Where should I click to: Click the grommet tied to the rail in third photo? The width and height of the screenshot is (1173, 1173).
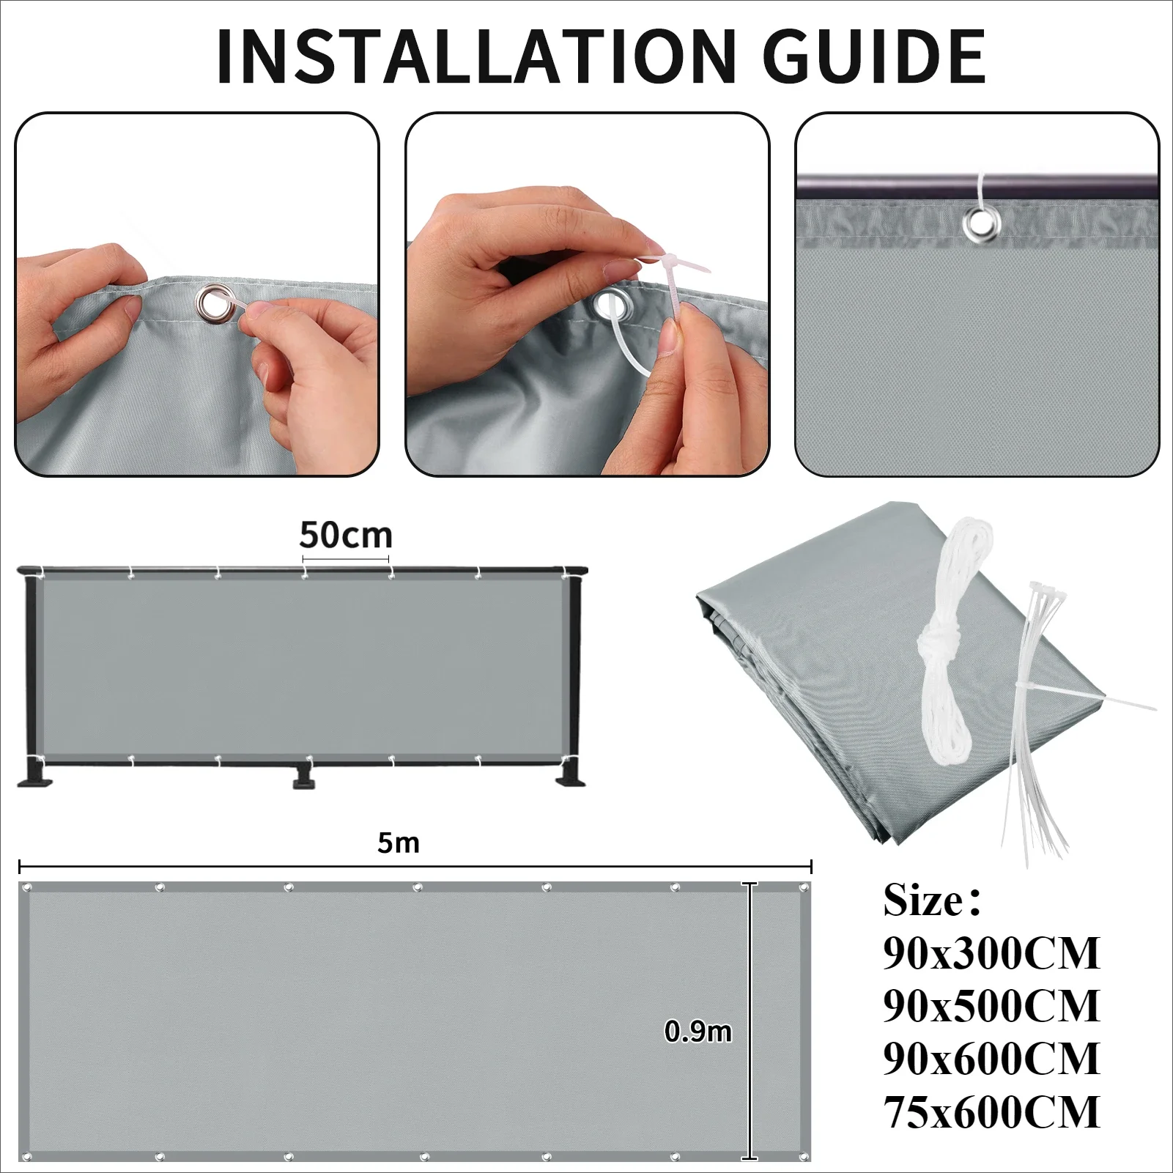click(977, 221)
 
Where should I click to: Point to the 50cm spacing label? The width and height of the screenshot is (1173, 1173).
click(345, 536)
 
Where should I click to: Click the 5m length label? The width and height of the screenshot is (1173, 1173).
click(398, 843)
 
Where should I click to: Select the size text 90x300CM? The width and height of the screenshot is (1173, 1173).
click(991, 953)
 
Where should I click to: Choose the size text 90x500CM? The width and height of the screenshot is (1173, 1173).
click(991, 1006)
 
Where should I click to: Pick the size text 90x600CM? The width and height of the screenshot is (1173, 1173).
click(991, 1059)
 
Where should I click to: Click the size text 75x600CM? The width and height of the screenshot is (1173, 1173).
click(991, 1111)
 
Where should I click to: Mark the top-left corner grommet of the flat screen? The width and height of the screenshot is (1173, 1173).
click(28, 888)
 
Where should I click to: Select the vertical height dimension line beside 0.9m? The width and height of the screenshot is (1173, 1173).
click(749, 1026)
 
